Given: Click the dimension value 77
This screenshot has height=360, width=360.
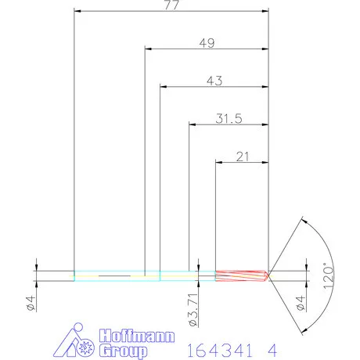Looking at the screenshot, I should tap(171, 5).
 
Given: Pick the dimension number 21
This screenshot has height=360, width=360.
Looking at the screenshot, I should tap(243, 157).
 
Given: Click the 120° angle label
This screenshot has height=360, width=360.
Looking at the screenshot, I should tap(329, 276).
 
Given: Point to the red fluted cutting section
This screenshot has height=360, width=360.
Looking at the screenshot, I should tap(241, 275).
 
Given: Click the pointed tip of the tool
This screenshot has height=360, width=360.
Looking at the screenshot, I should tap(271, 275).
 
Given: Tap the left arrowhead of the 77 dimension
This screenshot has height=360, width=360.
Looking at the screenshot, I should tap(77, 12).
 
